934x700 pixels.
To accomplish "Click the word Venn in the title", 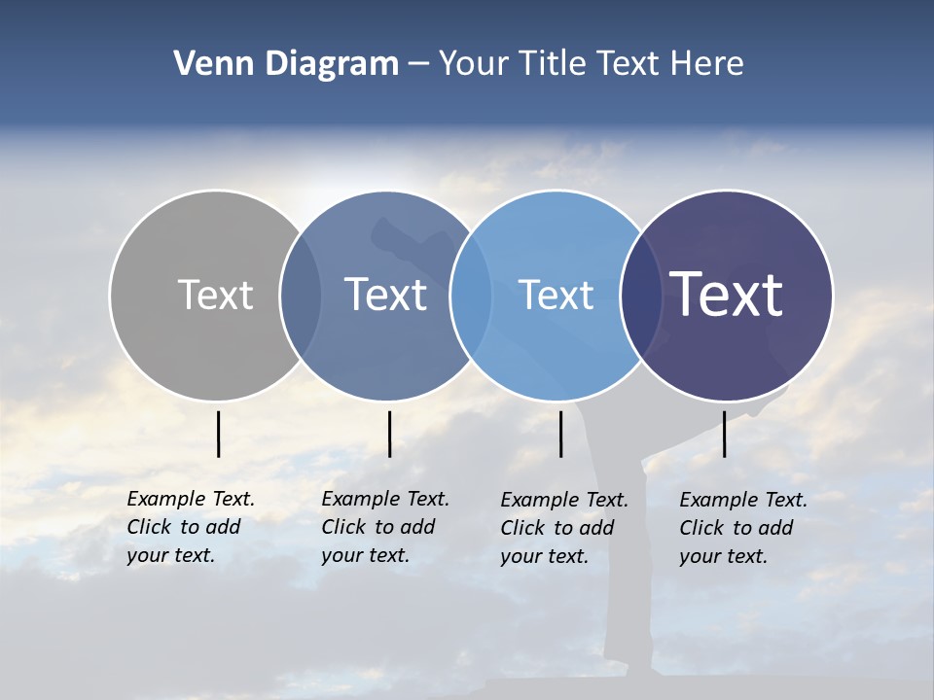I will [207, 64].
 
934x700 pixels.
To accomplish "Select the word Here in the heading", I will [707, 64].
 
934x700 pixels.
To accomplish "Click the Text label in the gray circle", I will [215, 295].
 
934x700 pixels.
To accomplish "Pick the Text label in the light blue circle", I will [556, 295].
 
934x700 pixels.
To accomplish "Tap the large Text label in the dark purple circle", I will [727, 294].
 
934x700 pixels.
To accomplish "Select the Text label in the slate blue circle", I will [385, 295].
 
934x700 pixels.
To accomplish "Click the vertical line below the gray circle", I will [218, 434].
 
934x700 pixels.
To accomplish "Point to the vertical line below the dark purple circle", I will [724, 434].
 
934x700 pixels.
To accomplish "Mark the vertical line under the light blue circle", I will [560, 434].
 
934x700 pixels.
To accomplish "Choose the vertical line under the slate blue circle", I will [389, 434].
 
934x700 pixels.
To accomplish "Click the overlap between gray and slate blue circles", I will [301, 295].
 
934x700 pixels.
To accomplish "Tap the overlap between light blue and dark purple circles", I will [640, 295].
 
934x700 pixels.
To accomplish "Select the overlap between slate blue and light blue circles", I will [471, 295].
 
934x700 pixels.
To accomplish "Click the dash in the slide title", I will [418, 64].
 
